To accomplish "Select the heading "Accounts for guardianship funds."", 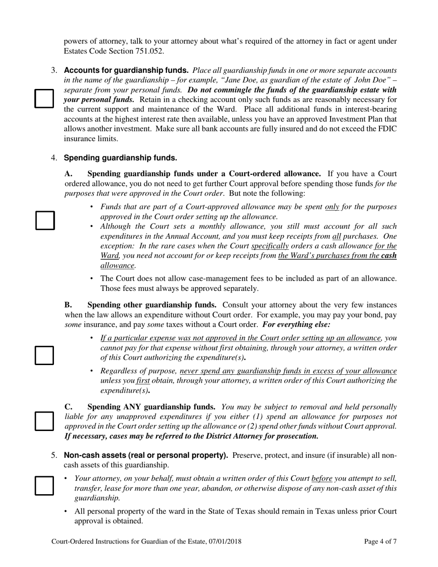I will tap(126, 71).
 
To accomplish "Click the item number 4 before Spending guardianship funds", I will tap(54, 158).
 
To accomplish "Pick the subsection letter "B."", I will tap(69, 305).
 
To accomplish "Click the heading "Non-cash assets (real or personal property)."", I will tap(146, 455).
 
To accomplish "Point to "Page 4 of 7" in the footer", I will tap(380, 542).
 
